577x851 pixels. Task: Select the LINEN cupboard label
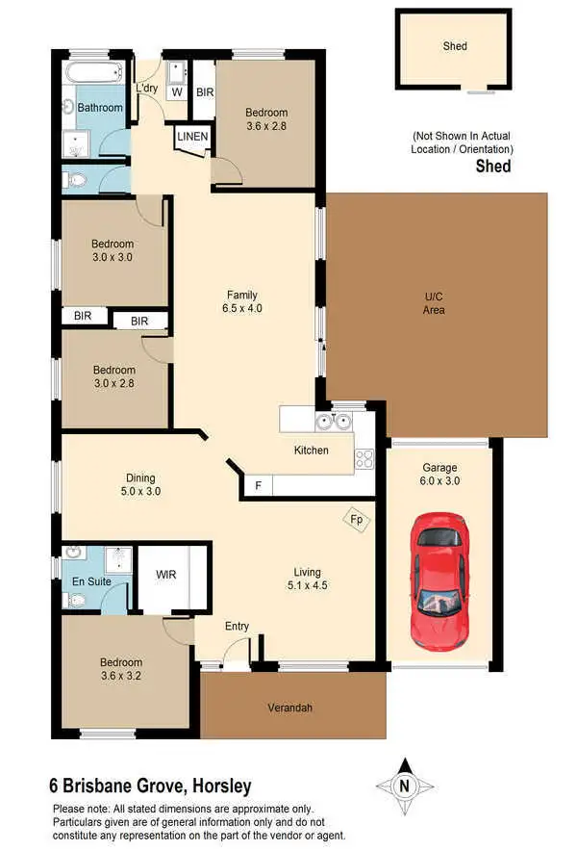[x=192, y=138]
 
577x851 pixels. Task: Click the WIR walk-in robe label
[x=166, y=575]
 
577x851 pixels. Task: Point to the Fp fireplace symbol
[x=356, y=519]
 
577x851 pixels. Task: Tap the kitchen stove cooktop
[x=364, y=459]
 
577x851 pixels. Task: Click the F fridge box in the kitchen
[x=258, y=487]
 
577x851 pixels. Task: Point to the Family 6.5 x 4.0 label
[x=242, y=302]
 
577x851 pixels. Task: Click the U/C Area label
[x=434, y=303]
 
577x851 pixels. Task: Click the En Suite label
[x=92, y=581]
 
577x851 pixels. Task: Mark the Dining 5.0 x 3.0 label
[x=140, y=484]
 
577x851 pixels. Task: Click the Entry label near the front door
[x=237, y=627]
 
